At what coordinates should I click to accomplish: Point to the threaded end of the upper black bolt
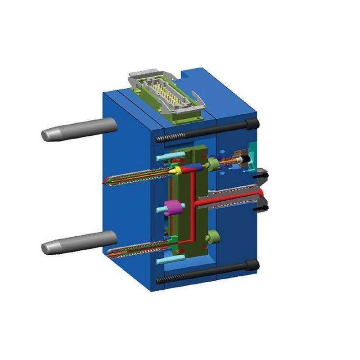click(162, 139)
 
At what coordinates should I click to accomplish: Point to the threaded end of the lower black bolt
click(162, 280)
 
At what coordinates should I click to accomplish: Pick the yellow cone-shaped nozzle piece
click(173, 171)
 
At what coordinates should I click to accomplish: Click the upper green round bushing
click(212, 163)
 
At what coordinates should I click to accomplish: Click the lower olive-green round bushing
click(213, 236)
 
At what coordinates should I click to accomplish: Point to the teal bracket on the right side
click(254, 151)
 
